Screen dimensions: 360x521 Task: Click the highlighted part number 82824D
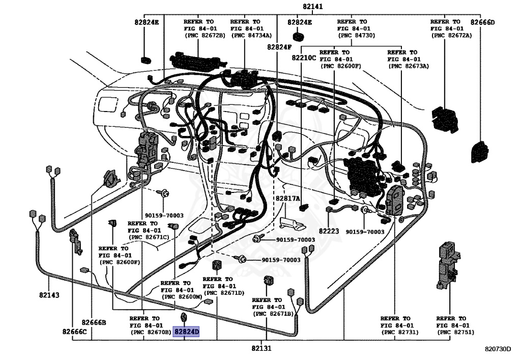(x=186, y=332)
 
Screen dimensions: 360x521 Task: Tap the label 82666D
(x=482, y=22)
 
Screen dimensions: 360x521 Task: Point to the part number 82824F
(x=279, y=47)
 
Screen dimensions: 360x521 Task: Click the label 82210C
(x=304, y=58)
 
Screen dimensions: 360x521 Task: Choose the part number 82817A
(x=288, y=199)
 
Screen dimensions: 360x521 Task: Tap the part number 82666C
(x=75, y=332)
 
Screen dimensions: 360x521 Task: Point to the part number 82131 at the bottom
(x=261, y=349)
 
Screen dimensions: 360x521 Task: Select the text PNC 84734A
(x=251, y=35)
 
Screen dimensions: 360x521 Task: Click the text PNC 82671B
(x=274, y=314)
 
